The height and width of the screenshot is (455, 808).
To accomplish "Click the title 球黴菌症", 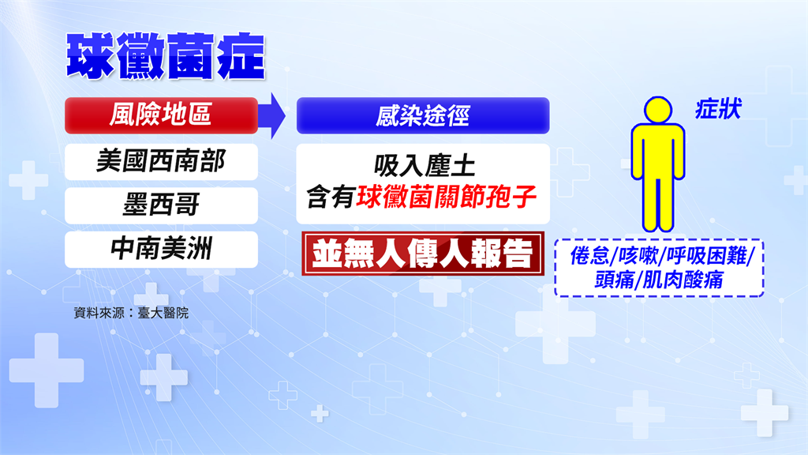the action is [166, 56].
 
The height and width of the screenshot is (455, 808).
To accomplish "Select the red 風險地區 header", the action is [161, 115].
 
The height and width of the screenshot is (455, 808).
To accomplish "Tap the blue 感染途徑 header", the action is [423, 115].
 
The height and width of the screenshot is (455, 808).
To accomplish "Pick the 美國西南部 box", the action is [161, 161].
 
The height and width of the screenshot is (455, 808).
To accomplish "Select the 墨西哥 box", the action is [161, 205].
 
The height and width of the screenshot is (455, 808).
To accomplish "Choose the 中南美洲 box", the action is [161, 249].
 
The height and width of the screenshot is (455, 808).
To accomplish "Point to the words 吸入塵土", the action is [424, 167].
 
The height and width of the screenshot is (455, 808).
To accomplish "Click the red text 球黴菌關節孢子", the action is [447, 197].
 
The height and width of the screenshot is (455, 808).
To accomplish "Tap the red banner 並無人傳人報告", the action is [423, 254].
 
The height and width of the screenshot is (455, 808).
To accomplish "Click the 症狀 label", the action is [718, 109].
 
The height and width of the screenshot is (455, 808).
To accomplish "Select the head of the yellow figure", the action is [658, 110].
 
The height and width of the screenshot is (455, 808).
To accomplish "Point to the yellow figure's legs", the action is [658, 205].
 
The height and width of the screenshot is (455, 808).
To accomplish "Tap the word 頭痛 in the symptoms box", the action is [614, 280].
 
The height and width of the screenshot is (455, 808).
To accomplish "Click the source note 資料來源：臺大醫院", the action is [131, 313].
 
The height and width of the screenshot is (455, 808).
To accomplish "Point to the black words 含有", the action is [330, 197].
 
